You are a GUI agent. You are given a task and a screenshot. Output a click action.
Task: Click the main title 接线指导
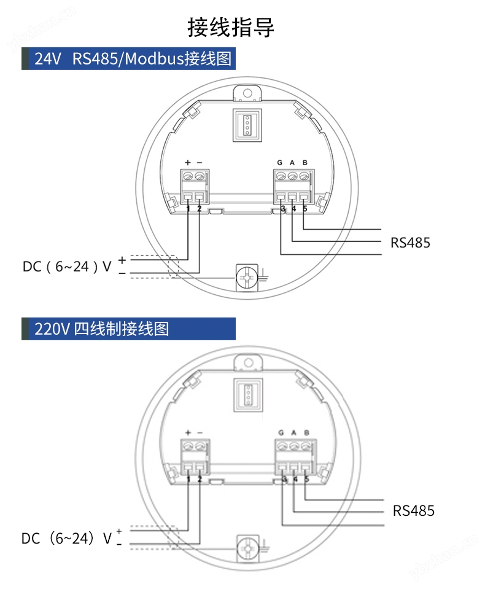(x=231, y=28)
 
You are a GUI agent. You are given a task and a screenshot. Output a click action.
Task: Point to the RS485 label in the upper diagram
(x=410, y=243)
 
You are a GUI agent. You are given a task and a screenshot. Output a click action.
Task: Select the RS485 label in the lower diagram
(x=413, y=510)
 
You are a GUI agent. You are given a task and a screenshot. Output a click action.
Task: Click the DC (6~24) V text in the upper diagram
(x=68, y=267)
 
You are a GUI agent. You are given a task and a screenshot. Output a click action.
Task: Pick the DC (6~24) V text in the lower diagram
(x=67, y=539)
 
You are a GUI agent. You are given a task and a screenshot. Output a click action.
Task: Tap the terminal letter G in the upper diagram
(x=279, y=163)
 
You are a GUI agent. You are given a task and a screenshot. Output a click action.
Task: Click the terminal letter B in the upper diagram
(x=305, y=163)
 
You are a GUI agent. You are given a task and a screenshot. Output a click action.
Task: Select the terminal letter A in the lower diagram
(x=293, y=432)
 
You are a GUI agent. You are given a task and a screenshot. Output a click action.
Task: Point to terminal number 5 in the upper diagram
(x=305, y=209)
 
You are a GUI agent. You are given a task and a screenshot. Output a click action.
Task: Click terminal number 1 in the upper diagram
(x=188, y=209)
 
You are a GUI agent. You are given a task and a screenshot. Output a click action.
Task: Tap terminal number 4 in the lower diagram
(x=295, y=479)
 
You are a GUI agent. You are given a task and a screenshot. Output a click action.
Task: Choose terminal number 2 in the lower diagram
(x=200, y=479)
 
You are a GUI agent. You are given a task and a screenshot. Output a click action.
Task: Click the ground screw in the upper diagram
(x=247, y=278)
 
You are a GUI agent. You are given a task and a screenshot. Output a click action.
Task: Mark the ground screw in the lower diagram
(x=249, y=547)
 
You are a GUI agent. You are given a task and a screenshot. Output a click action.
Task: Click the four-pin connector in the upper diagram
(x=248, y=125)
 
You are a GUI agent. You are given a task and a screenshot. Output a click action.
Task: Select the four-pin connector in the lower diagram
(x=248, y=393)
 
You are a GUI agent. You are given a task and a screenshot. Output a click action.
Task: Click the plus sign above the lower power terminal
(x=188, y=432)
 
